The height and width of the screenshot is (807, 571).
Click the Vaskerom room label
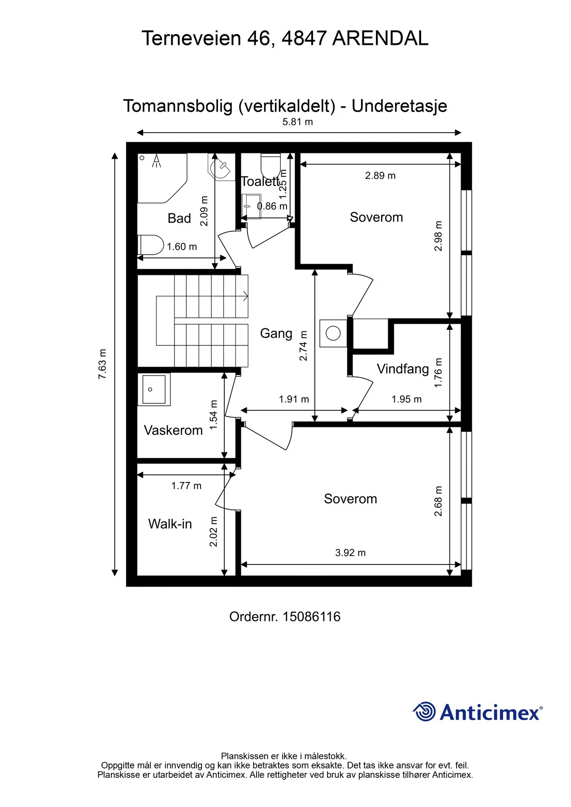(173, 430)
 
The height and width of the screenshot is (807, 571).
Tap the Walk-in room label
(170, 524)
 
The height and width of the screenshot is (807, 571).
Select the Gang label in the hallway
(276, 334)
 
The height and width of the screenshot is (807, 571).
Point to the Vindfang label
(403, 369)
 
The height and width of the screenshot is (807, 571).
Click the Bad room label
(179, 218)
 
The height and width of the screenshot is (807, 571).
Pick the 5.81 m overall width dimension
(298, 122)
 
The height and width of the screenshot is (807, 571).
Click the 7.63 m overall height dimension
(103, 364)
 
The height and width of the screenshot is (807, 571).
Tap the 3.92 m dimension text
(350, 553)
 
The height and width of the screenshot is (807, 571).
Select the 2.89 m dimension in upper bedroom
(380, 176)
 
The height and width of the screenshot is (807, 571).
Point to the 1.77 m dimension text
(186, 486)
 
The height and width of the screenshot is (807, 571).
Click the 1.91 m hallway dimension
(294, 399)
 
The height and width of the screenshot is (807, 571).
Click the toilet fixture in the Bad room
(151, 245)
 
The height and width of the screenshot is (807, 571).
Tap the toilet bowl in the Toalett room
(271, 166)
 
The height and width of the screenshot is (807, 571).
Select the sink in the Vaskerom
(154, 390)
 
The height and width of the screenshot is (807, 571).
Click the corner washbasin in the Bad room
(221, 167)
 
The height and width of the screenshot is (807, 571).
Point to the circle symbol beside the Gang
(333, 333)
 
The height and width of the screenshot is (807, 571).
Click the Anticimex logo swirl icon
(424, 712)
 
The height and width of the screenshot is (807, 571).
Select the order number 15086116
(312, 617)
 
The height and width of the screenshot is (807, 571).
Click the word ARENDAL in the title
(380, 39)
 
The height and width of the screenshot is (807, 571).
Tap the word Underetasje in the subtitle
(399, 106)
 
